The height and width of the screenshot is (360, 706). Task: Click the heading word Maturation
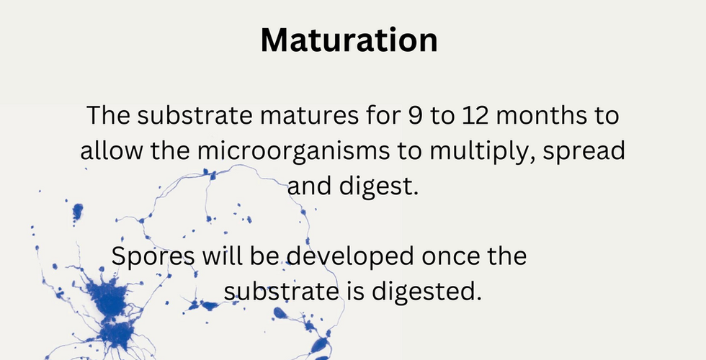349,40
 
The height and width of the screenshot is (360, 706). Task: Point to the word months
542,115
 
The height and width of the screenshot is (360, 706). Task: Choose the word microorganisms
294,151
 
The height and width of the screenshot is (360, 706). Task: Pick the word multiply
482,151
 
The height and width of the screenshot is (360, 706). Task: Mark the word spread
584,150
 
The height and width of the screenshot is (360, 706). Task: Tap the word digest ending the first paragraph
379,186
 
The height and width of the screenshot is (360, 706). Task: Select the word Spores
153,256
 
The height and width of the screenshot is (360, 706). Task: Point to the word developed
349,256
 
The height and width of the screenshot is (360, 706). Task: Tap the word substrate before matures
195,115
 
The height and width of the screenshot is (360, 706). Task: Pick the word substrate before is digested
280,292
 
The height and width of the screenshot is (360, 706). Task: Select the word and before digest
310,186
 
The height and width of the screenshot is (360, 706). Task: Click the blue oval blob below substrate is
280,312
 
